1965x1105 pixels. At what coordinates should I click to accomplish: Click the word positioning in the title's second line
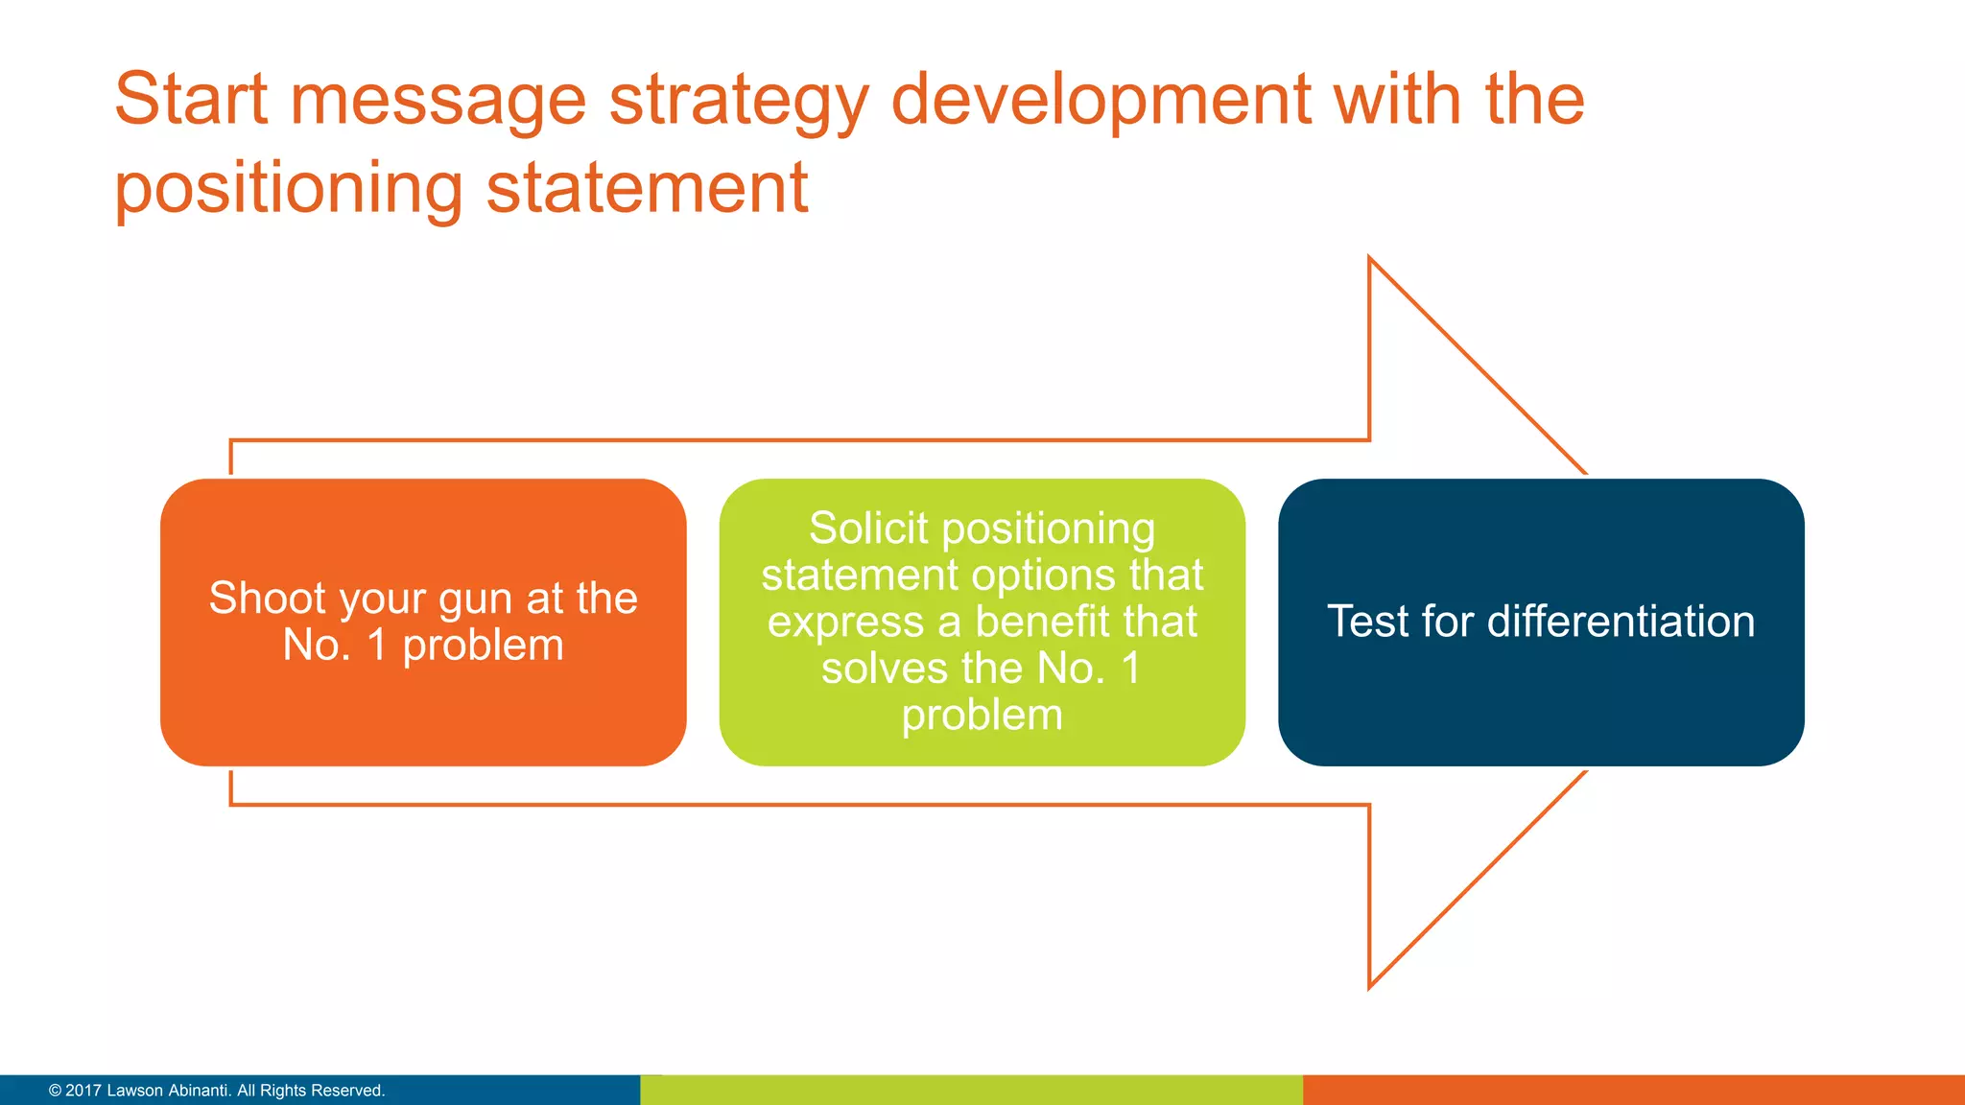(289, 189)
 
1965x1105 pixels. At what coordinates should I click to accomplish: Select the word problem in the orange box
(483, 646)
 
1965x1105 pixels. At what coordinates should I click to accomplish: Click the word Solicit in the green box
(868, 529)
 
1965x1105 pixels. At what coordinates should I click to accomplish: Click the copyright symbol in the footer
(55, 1091)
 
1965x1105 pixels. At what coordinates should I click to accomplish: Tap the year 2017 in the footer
(83, 1091)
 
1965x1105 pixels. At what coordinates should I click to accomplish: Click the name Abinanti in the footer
(198, 1091)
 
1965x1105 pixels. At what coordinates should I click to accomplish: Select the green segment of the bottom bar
(971, 1091)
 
